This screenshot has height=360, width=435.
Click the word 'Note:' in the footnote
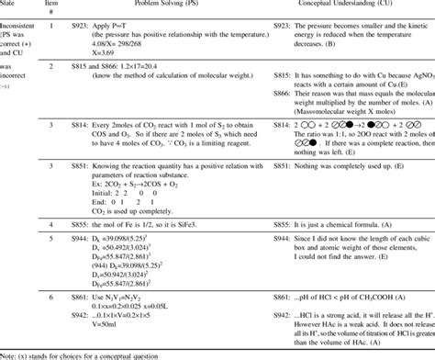coord(9,354)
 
